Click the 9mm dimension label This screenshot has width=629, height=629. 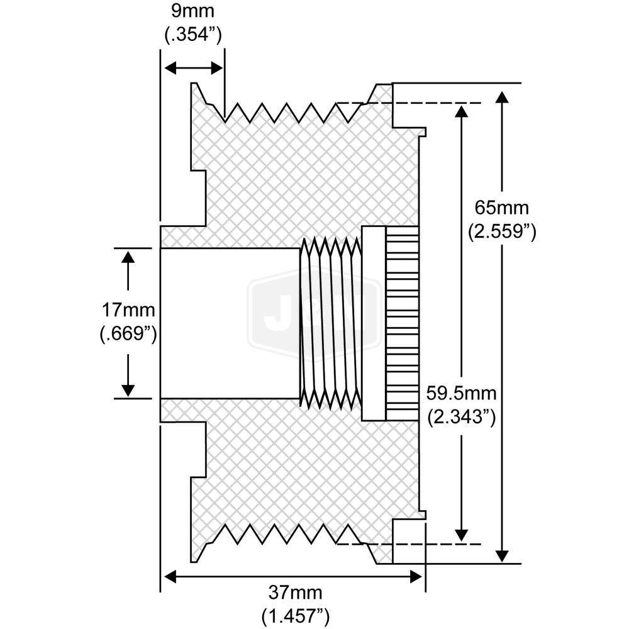point(193,11)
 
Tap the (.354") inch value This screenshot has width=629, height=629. point(193,35)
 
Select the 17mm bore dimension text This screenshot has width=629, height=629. point(128,309)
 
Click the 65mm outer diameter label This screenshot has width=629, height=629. point(502,207)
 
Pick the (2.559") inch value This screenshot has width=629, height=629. point(502,232)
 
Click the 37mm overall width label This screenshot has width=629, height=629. point(296,593)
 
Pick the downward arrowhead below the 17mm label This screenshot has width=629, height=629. point(128,390)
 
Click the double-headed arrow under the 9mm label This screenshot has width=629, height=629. point(193,67)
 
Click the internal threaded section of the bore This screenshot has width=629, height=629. point(330,322)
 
